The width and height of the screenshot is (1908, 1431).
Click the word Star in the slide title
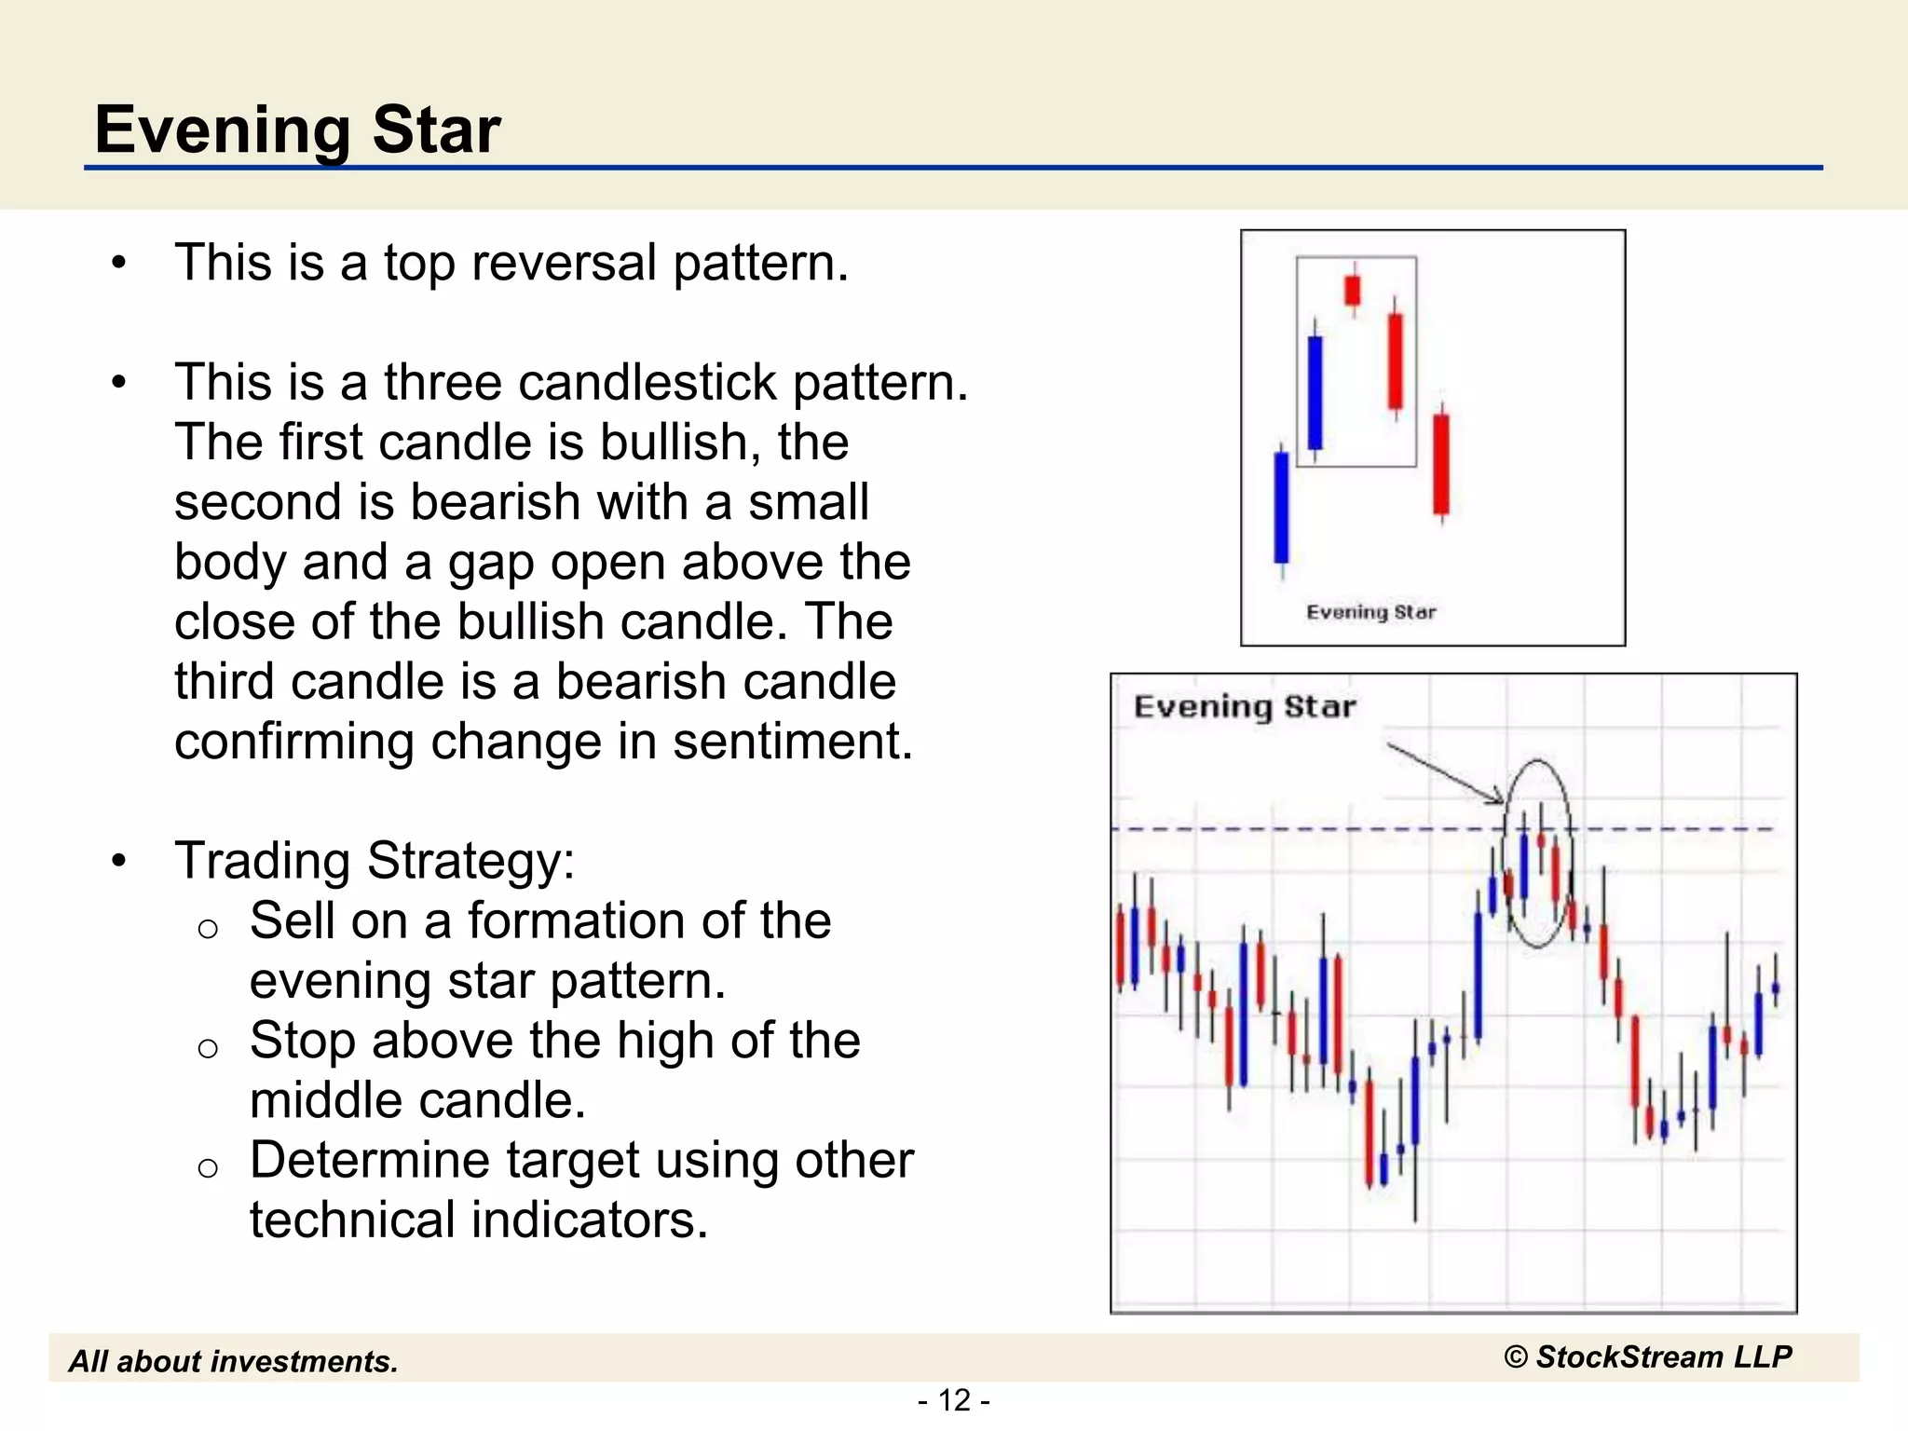coord(436,129)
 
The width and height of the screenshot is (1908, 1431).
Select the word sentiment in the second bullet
coord(792,743)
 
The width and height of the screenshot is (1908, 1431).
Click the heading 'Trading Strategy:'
coord(375,861)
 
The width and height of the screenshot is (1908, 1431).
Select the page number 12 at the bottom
coord(954,1400)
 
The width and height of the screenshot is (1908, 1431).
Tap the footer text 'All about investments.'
coord(233,1362)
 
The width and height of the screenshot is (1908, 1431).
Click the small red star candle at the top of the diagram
coord(1353,290)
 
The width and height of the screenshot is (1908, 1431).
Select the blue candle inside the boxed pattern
coord(1315,392)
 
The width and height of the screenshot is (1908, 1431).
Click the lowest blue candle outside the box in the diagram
coord(1281,508)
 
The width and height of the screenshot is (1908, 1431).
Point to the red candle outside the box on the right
coord(1441,463)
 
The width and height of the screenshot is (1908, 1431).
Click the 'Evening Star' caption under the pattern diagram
coord(1370,612)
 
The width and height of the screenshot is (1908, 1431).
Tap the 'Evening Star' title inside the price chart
coord(1244,707)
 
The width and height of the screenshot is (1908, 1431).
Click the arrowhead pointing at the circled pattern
coord(1497,797)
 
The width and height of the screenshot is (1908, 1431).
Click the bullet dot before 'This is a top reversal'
coord(118,263)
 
